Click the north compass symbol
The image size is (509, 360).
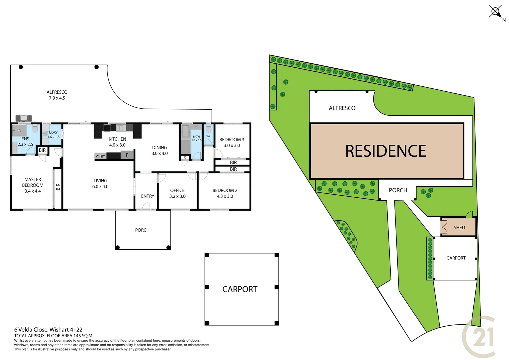495,12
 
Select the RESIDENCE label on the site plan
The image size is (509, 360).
385,151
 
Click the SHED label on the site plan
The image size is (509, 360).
459,228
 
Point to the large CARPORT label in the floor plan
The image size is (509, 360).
240,289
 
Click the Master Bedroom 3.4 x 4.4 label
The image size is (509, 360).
33,185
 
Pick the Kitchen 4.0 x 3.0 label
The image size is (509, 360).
117,142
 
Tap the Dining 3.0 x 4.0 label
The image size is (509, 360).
160,150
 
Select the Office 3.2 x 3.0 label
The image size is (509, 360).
177,193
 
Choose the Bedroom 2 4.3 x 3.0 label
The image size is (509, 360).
225,193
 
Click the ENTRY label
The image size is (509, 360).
148,196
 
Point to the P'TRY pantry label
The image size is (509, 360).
100,156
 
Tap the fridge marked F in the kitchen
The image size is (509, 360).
127,155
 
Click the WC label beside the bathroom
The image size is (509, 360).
209,136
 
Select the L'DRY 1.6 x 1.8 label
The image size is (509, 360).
53,135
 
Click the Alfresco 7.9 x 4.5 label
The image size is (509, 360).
57,95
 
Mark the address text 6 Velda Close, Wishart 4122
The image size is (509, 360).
48,330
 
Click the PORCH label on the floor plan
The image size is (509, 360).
142,230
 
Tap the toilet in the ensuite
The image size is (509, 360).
35,129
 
